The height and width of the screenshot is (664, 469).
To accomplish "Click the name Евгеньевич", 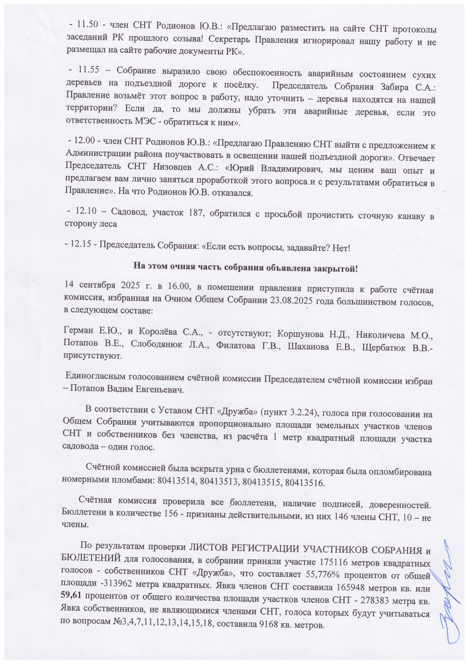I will [160, 389].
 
